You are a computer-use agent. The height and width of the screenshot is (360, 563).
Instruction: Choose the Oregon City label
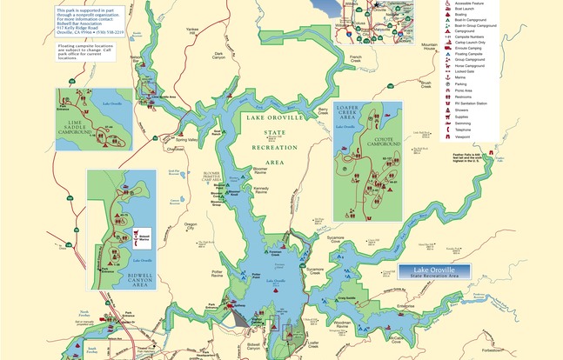point(191,226)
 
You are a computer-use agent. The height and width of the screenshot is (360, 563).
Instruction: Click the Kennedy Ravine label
point(259,190)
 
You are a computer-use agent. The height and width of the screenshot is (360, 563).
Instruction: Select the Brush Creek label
point(425,85)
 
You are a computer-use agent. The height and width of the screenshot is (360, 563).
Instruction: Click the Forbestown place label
point(540,351)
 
